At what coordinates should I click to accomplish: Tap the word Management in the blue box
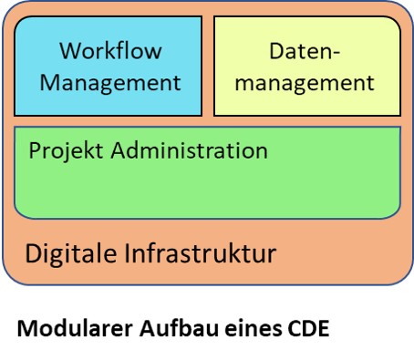point(110,82)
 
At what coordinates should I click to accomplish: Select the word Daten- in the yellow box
point(306,51)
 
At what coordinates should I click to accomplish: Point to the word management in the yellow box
point(306,83)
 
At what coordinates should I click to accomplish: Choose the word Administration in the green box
point(186,149)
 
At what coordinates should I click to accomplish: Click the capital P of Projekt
point(35,149)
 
